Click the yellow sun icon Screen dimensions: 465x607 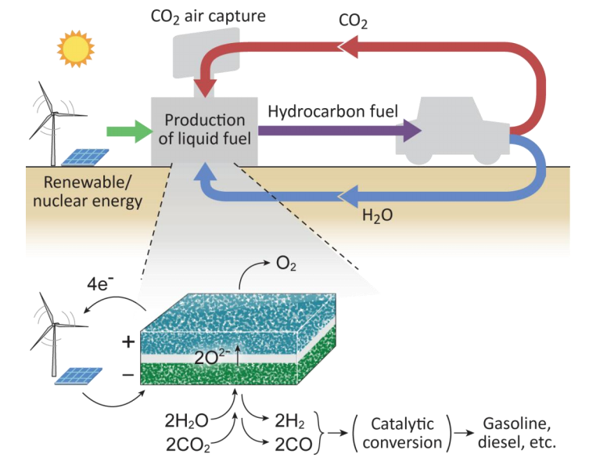74,49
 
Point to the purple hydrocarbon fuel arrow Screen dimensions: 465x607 336,132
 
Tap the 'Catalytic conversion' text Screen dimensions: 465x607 404,432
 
